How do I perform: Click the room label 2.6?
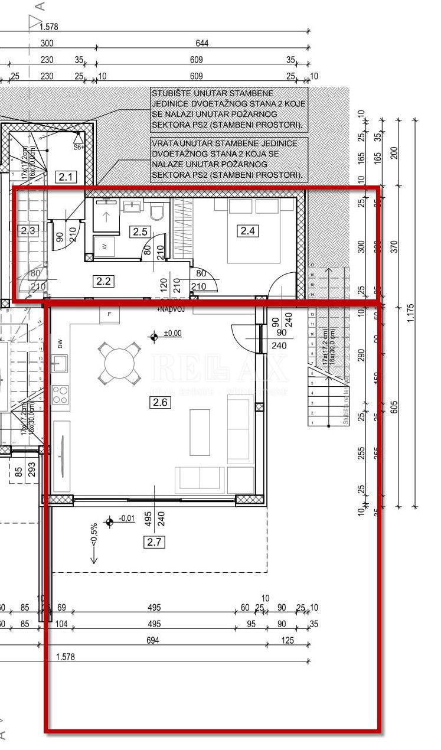[161, 403]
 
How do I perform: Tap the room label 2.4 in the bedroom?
[247, 231]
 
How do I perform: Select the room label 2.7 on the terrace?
[154, 542]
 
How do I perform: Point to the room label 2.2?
[103, 281]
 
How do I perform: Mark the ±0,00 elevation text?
[173, 334]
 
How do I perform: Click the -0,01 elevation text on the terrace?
[126, 519]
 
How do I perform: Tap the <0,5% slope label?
[93, 535]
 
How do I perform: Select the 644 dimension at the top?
[202, 43]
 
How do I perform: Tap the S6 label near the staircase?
[77, 146]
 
